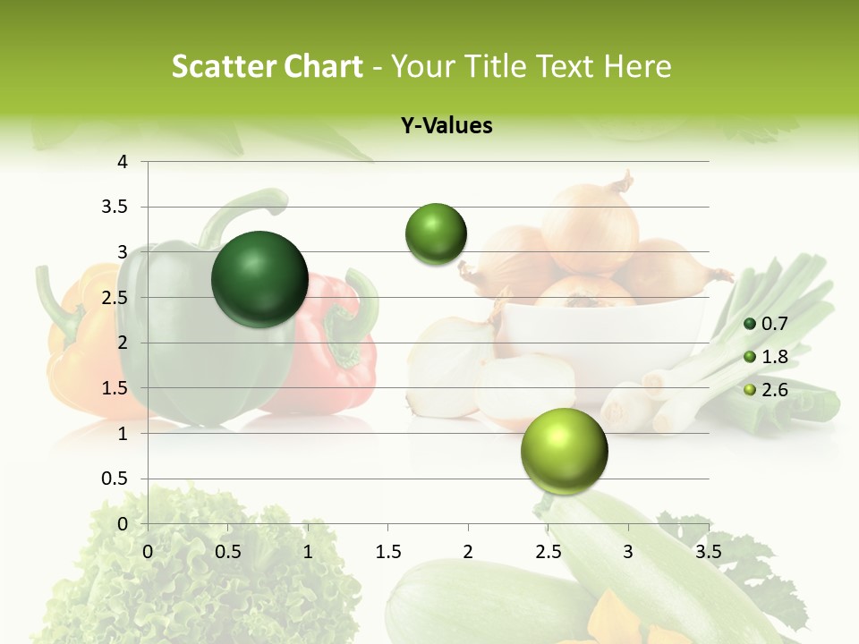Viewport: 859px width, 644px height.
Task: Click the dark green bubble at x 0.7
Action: point(260,279)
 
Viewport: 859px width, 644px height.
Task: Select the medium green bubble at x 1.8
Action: point(437,234)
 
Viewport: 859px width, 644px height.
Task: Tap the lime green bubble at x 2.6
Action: point(564,452)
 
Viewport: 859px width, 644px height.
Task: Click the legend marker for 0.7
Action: point(750,324)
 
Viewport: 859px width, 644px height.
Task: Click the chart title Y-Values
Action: point(447,126)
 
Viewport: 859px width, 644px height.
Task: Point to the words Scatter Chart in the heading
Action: point(267,66)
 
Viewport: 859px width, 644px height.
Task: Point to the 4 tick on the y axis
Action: point(123,162)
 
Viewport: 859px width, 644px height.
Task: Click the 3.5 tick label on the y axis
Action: point(117,207)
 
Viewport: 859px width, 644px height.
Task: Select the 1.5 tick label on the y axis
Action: point(117,388)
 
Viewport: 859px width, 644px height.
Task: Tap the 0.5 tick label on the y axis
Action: point(117,479)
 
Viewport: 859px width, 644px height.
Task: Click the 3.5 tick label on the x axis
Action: point(708,552)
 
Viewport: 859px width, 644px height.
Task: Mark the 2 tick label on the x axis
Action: point(468,552)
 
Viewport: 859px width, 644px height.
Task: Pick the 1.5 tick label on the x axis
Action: point(387,552)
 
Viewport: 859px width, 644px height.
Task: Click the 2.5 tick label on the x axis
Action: point(548,552)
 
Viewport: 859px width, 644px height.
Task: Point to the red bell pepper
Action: point(340,358)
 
